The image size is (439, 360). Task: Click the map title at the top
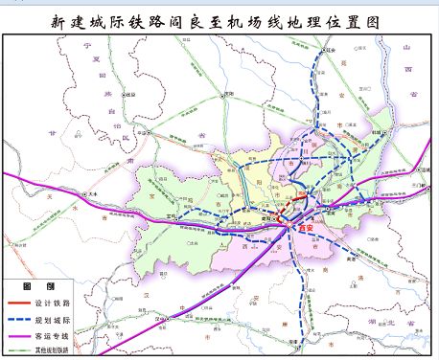point(219,18)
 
